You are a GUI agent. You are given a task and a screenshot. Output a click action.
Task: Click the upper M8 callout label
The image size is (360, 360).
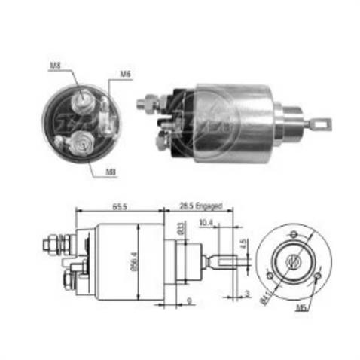coord(55,66)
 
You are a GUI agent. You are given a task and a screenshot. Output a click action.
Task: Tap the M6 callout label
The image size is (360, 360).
coord(125,74)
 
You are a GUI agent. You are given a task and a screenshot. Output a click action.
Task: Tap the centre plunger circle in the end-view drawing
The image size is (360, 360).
coord(291,259)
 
